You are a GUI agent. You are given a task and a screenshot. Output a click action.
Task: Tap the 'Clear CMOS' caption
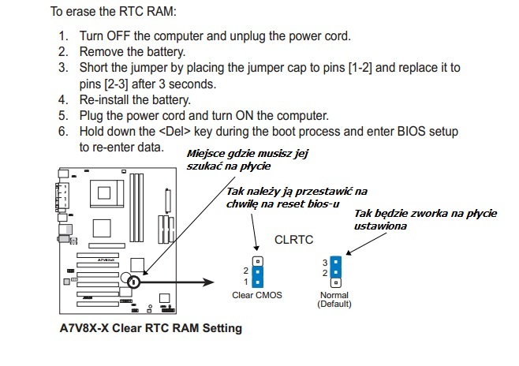click(x=256, y=295)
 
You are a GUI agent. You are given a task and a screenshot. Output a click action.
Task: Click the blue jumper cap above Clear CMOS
click(x=257, y=275)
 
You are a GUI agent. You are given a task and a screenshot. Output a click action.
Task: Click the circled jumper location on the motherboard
click(x=135, y=280)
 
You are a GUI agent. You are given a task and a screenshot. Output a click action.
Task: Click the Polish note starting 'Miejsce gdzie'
click(x=234, y=159)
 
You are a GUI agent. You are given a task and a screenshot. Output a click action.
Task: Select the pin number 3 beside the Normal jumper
click(x=324, y=261)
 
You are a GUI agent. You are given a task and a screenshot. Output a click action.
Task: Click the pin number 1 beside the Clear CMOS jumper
click(x=246, y=281)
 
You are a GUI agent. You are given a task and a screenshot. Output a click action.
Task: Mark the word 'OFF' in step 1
click(x=121, y=36)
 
